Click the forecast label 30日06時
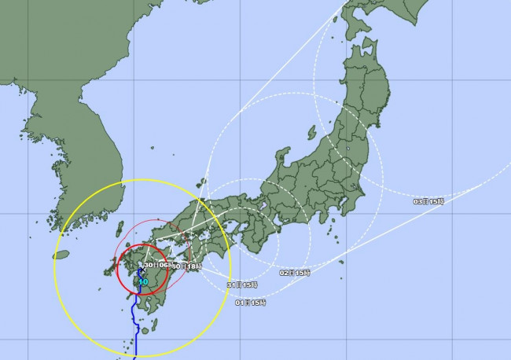[154, 266]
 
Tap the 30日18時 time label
[189, 266]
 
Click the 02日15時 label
[294, 273]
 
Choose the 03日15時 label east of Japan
[428, 202]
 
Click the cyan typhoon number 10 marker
[142, 281]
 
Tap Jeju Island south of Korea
[66, 255]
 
